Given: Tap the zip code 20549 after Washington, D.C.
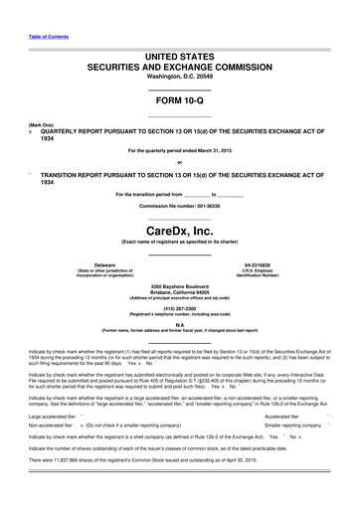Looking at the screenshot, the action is click(201, 76).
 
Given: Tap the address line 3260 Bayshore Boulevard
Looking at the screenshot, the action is click(179, 286).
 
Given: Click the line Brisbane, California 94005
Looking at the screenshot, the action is click(179, 292).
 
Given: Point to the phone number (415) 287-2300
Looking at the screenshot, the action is click(179, 308).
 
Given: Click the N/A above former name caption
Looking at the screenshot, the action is click(179, 324).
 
